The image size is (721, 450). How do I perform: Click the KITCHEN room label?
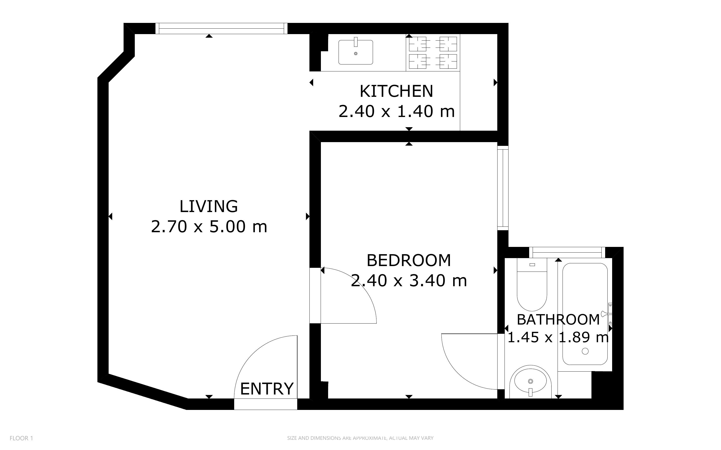click(396, 91)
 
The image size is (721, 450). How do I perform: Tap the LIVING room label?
click(209, 206)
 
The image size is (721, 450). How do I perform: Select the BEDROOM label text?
click(409, 260)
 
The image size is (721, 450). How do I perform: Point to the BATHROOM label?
click(558, 320)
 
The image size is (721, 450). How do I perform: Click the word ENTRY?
click(267, 389)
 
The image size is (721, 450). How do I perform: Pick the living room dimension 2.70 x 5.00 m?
click(209, 226)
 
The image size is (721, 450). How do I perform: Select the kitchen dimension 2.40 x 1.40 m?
click(397, 112)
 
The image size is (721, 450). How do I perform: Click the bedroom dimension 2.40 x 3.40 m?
click(409, 281)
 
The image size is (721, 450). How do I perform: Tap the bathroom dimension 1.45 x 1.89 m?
click(558, 337)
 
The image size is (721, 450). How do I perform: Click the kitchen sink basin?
click(356, 52)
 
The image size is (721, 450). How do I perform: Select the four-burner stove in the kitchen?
click(433, 53)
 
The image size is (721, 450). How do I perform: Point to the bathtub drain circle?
click(585, 351)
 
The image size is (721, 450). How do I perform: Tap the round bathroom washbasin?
click(530, 382)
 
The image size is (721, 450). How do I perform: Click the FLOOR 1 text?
click(21, 438)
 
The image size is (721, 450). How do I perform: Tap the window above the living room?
click(221, 29)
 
